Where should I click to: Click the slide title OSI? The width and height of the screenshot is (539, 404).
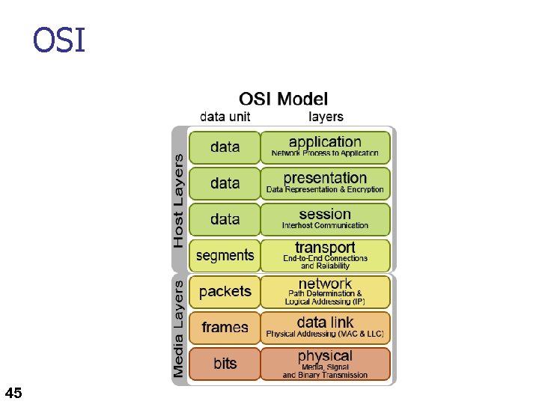coord(59,40)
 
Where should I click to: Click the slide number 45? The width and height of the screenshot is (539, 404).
coord(13,392)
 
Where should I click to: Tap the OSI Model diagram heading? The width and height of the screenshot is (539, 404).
coord(283,99)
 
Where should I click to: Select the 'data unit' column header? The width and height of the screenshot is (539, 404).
coord(225,117)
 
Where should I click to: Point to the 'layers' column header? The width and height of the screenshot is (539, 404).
coord(326,117)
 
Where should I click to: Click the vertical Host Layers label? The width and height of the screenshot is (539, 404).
coord(178,200)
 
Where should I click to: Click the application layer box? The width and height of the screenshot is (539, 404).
coord(325,147)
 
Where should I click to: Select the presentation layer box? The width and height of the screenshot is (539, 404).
coord(325,183)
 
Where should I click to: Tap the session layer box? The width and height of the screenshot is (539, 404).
coord(325,219)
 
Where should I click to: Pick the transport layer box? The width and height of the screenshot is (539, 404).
coord(325,255)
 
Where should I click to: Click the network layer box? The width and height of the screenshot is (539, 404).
coord(325,291)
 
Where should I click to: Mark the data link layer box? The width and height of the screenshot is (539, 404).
coord(325,327)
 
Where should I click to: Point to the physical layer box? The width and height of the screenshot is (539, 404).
coord(325,364)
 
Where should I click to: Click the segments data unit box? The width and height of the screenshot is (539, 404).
coord(225,255)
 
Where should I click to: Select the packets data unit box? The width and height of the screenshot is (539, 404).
coord(225,291)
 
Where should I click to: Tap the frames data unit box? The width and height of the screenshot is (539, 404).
coord(225,327)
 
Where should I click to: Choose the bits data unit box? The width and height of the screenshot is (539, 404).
coord(225,364)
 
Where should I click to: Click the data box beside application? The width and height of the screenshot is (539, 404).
coord(225,147)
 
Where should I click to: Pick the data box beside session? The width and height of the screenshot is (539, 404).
coord(225,219)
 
